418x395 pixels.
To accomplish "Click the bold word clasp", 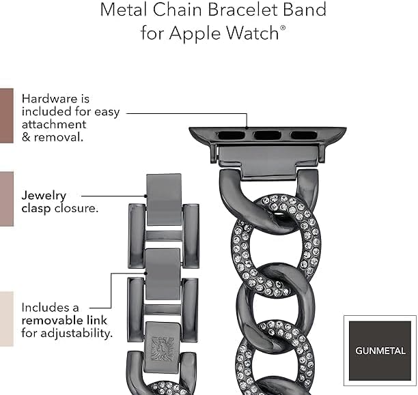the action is (35, 208).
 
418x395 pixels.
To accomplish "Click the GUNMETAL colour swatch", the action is (380, 350).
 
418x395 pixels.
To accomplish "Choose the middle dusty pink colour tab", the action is (6, 198).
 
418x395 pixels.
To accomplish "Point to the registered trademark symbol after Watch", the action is (282, 27).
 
